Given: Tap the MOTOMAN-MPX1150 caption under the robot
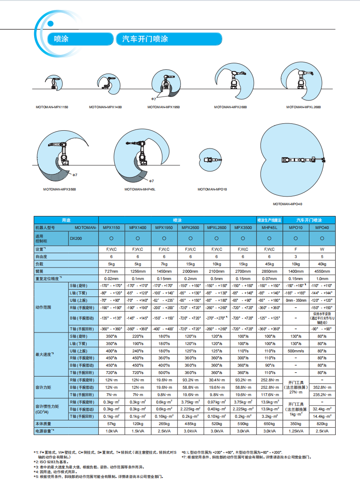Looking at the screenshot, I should click(x=52, y=106).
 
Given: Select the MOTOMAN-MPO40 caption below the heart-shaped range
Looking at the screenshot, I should click(x=287, y=204).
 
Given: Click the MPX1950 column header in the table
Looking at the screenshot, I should click(x=164, y=227).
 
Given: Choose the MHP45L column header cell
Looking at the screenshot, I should click(x=269, y=227).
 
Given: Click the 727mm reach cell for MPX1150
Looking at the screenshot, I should click(x=111, y=271).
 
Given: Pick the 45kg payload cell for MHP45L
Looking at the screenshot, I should click(x=269, y=264).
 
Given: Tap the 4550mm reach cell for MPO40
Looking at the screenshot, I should click(x=322, y=271).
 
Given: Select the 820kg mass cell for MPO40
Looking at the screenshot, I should click(x=322, y=424).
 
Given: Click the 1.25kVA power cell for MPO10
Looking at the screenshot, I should click(x=296, y=431).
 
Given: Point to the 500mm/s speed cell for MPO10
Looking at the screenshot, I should click(x=296, y=351).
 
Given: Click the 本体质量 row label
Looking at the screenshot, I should click(x=44, y=424).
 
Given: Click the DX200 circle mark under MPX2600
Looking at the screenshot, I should click(x=190, y=238).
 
